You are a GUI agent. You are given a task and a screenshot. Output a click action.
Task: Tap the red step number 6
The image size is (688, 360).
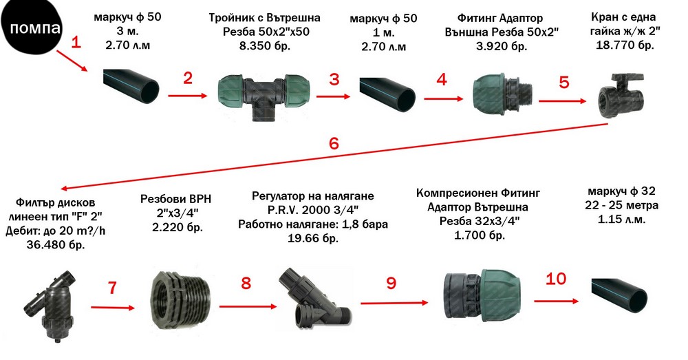pos(334,143)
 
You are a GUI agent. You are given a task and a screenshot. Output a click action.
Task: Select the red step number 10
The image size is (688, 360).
pos(556,279)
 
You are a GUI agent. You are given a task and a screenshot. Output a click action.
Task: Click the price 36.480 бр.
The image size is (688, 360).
pos(56,244)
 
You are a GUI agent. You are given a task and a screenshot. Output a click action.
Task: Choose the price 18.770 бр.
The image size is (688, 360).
pos(625,45)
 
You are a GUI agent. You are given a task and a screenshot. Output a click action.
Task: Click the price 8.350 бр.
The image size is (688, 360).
pos(265,45)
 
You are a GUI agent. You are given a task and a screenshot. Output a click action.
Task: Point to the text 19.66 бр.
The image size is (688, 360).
pos(313,238)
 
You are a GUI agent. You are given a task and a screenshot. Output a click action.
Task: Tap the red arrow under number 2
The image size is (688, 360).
pos(187,95)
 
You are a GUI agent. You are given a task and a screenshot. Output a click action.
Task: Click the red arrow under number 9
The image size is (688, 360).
pos(394,302)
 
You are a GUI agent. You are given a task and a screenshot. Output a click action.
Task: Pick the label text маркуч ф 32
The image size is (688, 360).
pos(621,191)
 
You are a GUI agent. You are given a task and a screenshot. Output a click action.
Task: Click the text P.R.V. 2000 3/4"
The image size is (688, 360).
pos(313,210)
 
